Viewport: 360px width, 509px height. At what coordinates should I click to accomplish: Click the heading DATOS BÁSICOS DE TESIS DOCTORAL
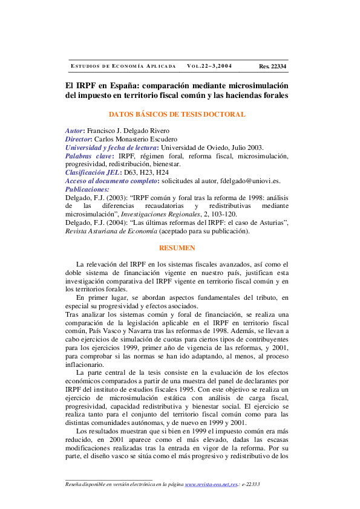pyautogui.click(x=177, y=114)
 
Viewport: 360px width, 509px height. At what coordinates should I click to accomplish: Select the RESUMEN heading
pyautogui.click(x=177, y=248)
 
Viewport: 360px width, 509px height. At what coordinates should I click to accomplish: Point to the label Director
pyautogui.click(x=79, y=139)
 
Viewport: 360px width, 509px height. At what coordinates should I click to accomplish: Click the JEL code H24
pyautogui.click(x=162, y=172)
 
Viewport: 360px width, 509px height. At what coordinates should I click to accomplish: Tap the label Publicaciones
pyautogui.click(x=87, y=189)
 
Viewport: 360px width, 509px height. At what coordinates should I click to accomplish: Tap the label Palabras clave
pyautogui.click(x=88, y=156)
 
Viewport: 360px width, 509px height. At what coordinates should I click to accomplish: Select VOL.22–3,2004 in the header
pyautogui.click(x=209, y=66)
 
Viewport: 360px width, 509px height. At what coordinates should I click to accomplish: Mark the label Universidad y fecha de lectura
pyautogui.click(x=110, y=148)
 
